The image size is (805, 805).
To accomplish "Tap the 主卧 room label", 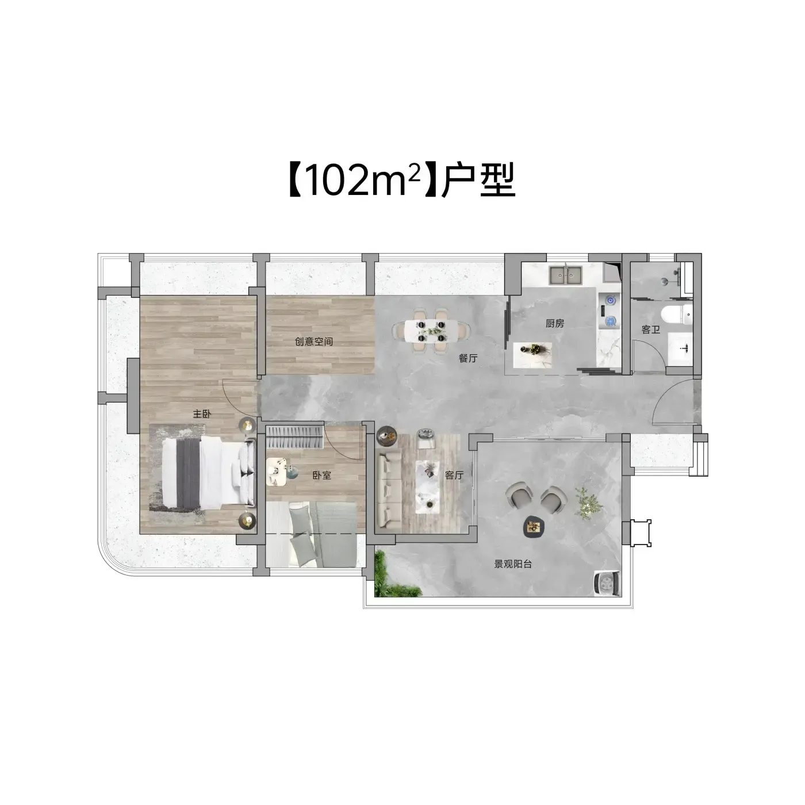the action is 202,414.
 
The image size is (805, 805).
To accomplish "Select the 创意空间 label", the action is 314,342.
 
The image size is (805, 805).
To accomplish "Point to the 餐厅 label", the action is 468,358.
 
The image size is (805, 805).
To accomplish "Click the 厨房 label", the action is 555,323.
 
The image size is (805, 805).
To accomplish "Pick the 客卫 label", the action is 651,330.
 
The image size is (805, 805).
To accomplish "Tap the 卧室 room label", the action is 321,476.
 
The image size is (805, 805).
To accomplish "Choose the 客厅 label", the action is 454,476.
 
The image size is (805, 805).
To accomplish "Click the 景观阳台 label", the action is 513,565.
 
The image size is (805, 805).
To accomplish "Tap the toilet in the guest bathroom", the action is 677,315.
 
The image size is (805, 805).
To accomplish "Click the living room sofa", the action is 388,491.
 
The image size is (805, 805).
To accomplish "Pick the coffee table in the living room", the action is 430,485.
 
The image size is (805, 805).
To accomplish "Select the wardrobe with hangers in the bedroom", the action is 295,436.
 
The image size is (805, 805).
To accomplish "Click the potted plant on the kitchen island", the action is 535,350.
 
